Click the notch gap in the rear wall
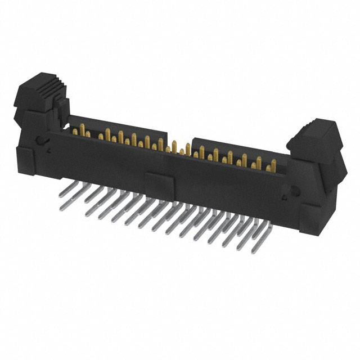pos(178,141)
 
